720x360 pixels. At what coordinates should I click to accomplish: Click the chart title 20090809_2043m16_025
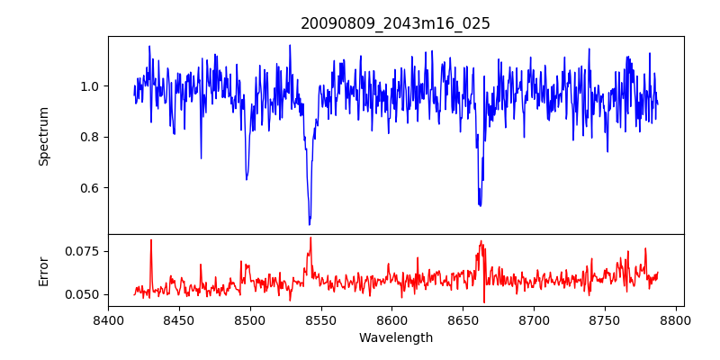[x=395, y=23]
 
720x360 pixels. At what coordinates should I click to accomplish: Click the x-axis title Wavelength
[x=395, y=338]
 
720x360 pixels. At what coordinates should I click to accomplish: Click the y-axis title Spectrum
[x=43, y=135]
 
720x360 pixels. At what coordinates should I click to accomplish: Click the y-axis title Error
[x=43, y=270]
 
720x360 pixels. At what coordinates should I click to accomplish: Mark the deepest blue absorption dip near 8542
[x=310, y=223]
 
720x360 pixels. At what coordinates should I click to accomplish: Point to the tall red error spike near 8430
[x=151, y=240]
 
